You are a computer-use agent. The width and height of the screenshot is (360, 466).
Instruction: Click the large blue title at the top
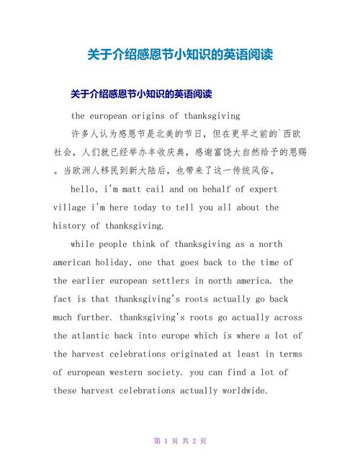[x=180, y=55]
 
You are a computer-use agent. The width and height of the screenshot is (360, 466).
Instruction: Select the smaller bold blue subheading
[x=140, y=94]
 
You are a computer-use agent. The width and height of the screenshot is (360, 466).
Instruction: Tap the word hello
[x=86, y=189]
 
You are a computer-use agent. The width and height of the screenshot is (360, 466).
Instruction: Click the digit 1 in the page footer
[x=166, y=441]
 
